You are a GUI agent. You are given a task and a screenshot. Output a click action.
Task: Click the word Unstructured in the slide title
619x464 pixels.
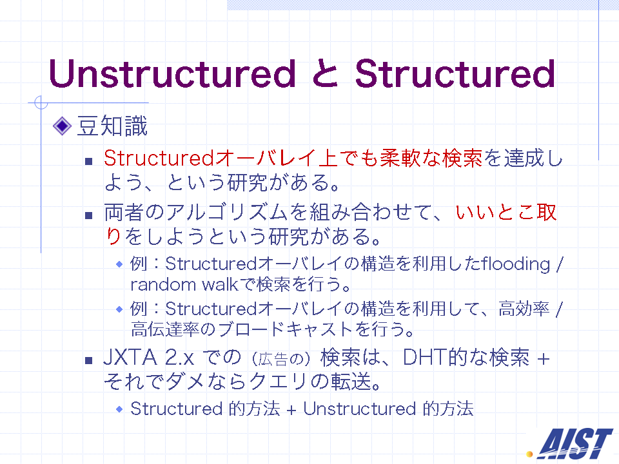[172, 73]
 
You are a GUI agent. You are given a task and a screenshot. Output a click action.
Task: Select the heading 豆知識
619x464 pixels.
[112, 126]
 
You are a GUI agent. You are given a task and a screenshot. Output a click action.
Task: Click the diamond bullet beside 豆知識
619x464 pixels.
[62, 126]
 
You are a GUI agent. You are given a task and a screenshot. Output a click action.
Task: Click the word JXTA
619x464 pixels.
[130, 357]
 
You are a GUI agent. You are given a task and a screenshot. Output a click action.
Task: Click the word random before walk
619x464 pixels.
[163, 284]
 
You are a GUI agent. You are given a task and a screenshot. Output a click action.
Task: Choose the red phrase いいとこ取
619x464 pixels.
[506, 212]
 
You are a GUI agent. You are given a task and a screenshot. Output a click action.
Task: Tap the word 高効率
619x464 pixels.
[524, 309]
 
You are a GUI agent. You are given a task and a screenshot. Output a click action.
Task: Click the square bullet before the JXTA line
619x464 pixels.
[88, 360]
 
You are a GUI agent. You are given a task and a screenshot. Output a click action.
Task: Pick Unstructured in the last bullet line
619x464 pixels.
[359, 409]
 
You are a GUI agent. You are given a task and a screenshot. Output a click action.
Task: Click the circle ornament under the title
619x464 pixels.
[41, 102]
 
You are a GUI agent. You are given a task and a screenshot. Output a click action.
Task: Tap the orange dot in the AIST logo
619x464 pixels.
[529, 454]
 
